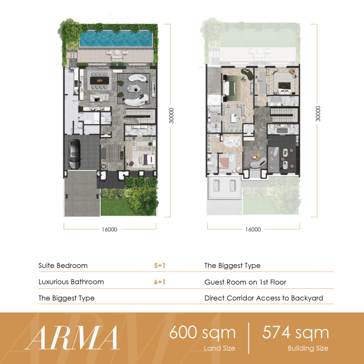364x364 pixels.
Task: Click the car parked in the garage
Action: pos(75,154)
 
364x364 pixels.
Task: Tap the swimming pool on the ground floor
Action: pos(116,38)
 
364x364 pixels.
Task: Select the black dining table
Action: pos(100,80)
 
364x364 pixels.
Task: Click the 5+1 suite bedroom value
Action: pos(160,265)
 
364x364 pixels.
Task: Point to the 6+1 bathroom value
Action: pos(160,282)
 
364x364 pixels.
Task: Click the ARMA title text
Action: pos(71,338)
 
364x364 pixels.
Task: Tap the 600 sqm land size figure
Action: pos(202,332)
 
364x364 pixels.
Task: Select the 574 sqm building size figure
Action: pos(295,332)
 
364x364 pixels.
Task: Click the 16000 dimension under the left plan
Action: pos(109,230)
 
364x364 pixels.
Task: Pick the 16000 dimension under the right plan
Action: pos(253,230)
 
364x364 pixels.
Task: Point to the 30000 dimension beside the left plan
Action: pos(171,116)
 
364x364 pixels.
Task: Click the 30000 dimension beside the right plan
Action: pos(318,114)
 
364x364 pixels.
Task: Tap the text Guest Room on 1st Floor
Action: pos(245,282)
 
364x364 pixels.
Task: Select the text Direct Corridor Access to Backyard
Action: pos(264,298)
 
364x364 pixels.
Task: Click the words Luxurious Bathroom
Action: pos(71,282)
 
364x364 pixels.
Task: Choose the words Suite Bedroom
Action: pos(63,266)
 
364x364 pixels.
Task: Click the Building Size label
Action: pos(308,348)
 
